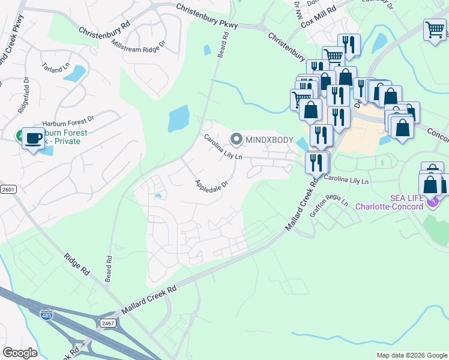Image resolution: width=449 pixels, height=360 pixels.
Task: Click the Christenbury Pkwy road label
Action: coord(207,16)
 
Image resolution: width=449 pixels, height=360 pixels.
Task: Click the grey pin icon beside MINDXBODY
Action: coord(236,139)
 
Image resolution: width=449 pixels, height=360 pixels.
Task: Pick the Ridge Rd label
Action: coord(77,264)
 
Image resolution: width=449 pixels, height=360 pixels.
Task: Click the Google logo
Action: coord(20,352)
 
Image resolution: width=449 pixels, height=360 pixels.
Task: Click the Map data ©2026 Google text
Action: coord(411,355)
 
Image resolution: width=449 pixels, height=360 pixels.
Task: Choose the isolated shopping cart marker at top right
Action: coord(435,30)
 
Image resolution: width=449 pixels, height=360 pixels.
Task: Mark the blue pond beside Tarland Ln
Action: coord(74,73)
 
